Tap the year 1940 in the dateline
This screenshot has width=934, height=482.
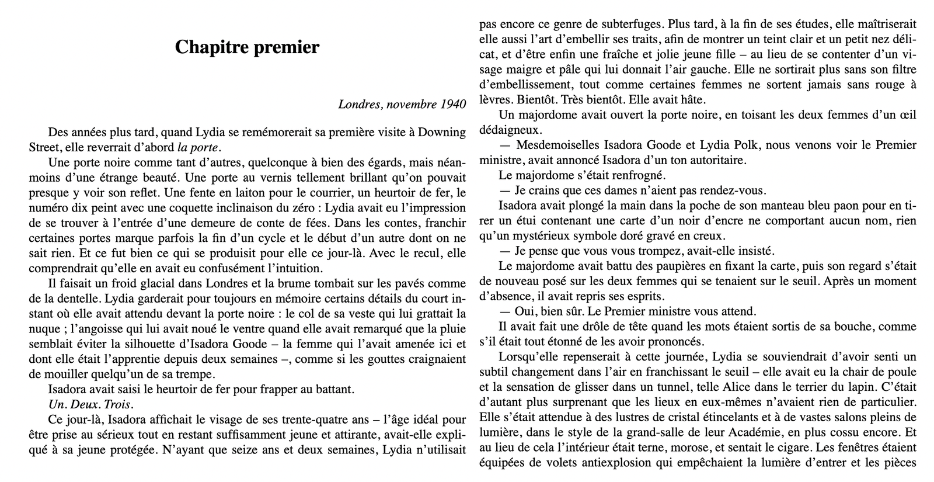(454, 105)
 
